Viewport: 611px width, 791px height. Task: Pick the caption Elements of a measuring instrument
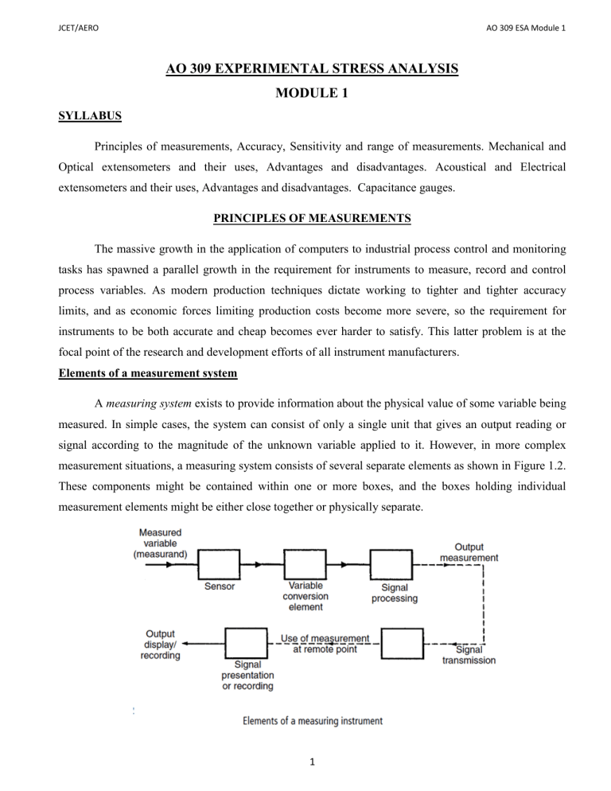pyautogui.click(x=312, y=721)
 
